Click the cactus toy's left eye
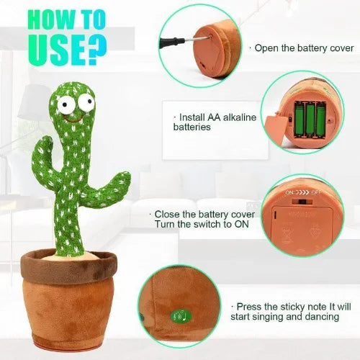point(65,104)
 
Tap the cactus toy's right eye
point(86,102)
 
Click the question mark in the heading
point(97,50)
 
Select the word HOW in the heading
point(53,19)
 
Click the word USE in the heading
point(58,50)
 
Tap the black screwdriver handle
point(171,42)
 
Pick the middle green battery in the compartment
point(310,120)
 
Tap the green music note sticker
point(181,316)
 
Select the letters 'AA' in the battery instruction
point(214,117)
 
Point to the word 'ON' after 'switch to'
point(241,224)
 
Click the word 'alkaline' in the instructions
point(240,117)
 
